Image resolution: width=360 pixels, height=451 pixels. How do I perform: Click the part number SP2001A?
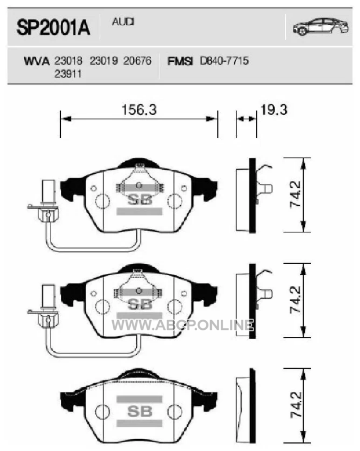coord(53,28)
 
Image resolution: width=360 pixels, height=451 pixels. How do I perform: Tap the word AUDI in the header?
coord(123,21)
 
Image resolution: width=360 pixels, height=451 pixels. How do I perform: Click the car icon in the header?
coord(321,26)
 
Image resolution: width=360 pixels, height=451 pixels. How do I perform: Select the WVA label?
coord(37,61)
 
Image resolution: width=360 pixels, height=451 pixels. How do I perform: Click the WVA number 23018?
coord(68,61)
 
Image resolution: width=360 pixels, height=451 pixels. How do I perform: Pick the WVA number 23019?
coord(104,61)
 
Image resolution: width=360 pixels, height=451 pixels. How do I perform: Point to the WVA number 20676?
coord(137,61)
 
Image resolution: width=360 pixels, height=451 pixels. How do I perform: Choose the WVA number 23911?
coord(68,74)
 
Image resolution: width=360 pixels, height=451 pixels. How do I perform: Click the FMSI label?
coord(180,61)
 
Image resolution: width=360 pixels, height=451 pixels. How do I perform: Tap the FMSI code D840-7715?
coord(224,61)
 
